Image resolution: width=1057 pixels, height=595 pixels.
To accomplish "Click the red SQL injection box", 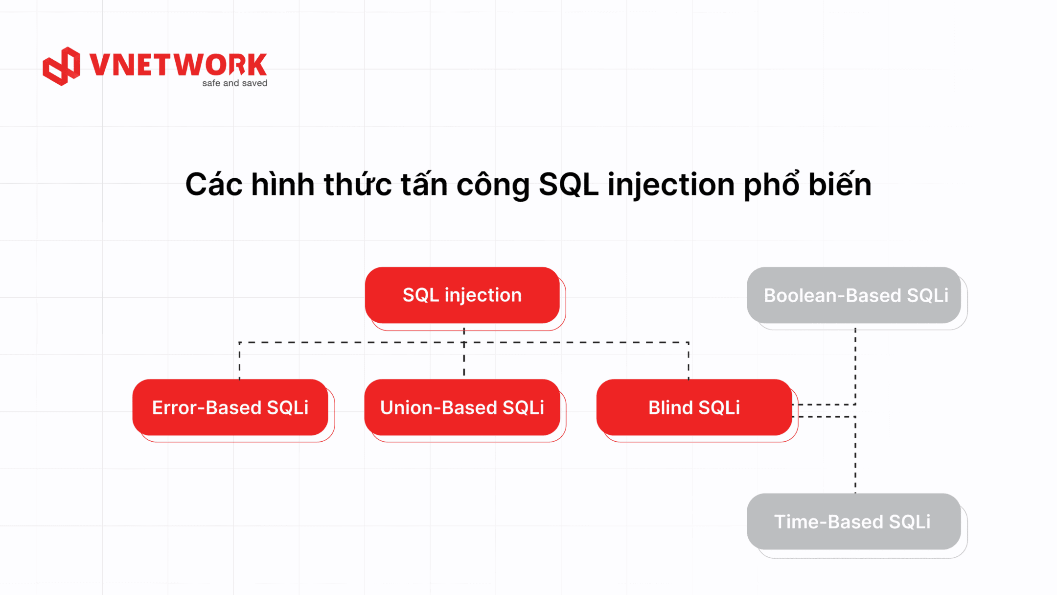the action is click(x=462, y=295).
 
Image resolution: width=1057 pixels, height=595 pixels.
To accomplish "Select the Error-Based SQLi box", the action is click(x=230, y=407).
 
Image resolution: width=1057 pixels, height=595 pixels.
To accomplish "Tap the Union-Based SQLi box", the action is click(x=462, y=407).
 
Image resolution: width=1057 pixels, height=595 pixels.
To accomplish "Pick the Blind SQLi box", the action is click(x=694, y=407).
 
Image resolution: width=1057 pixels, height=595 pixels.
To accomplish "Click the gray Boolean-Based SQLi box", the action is click(x=854, y=295).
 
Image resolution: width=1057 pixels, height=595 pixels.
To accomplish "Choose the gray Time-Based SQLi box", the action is click(x=854, y=521).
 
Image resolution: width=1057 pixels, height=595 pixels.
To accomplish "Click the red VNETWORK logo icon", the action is click(x=61, y=66).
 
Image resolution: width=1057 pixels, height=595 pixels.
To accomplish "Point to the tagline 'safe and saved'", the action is click(x=235, y=83).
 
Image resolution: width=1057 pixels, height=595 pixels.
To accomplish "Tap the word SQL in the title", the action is click(x=569, y=185).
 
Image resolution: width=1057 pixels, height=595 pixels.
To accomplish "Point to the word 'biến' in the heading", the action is click(x=840, y=184).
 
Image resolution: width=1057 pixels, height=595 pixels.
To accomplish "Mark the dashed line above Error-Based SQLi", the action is click(x=239, y=360).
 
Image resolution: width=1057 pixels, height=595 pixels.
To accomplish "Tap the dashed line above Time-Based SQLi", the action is click(x=855, y=455).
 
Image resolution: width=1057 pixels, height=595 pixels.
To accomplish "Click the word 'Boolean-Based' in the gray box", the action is click(x=832, y=295).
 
